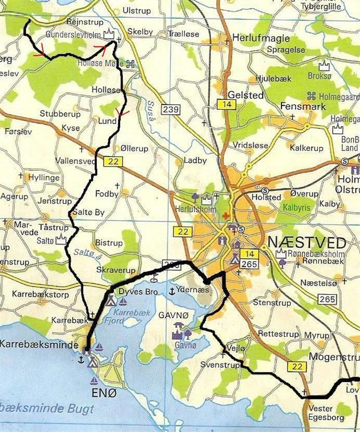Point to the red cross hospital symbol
[226, 216]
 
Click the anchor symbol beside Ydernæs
[172, 291]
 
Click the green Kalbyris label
[296, 208]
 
